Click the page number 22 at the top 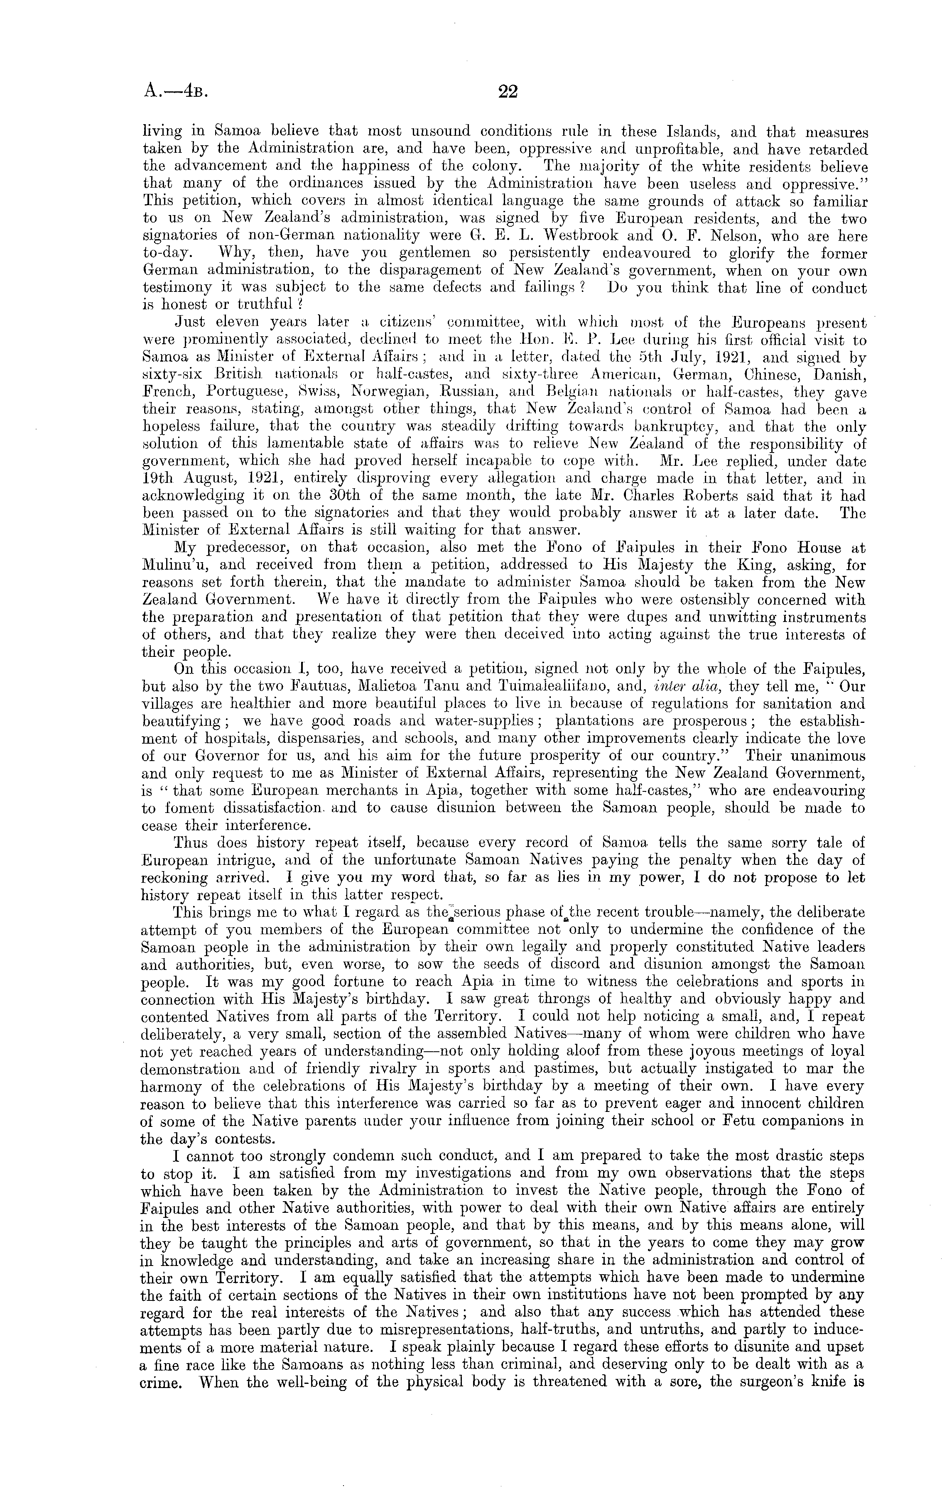pyautogui.click(x=507, y=92)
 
